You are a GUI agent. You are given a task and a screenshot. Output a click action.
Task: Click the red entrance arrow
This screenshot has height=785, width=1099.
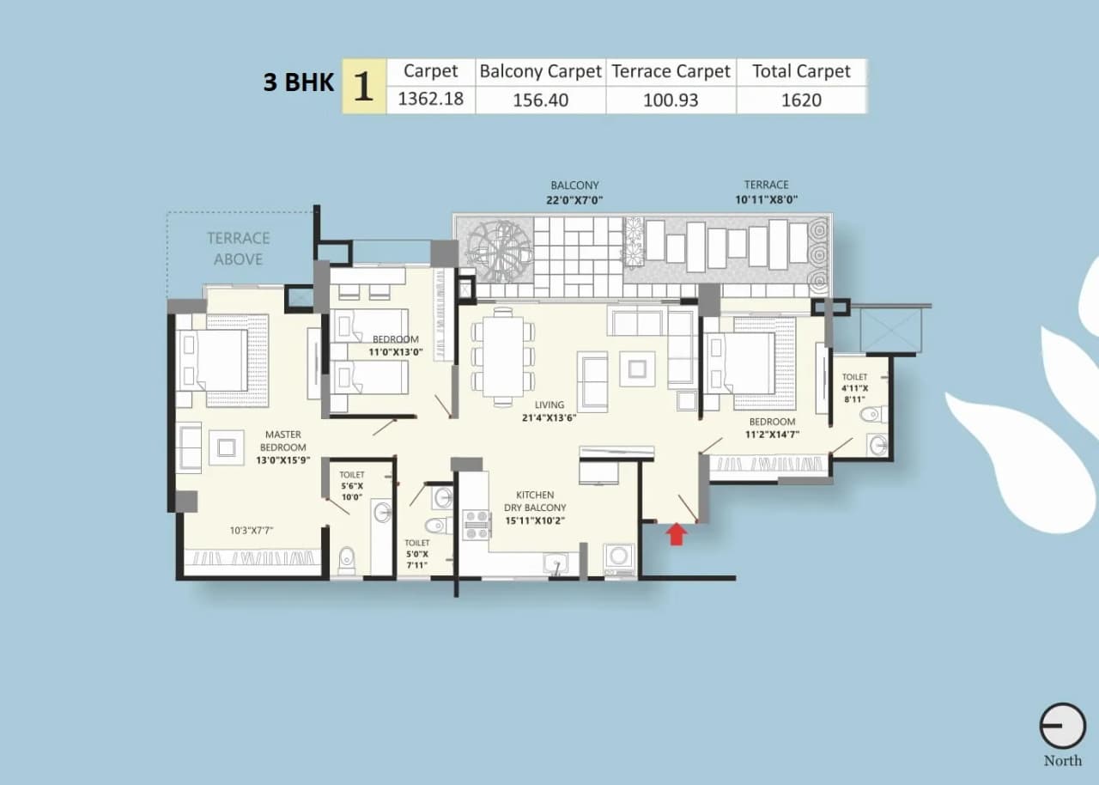click(x=677, y=534)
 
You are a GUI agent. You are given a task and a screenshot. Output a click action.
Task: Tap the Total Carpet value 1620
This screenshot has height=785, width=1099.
click(x=800, y=100)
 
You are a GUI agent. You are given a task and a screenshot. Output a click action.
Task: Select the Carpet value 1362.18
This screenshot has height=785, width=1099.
click(x=430, y=99)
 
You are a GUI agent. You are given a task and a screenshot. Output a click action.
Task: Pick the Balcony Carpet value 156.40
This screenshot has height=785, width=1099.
click(x=540, y=100)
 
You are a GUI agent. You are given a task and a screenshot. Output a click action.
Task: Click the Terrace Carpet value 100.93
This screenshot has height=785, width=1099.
click(x=671, y=100)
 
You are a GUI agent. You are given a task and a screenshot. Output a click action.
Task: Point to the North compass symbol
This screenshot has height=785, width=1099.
click(x=1062, y=727)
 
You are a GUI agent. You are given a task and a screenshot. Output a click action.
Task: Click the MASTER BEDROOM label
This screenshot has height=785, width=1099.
click(x=284, y=441)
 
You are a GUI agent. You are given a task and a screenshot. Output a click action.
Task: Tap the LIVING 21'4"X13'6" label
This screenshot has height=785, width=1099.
click(x=549, y=411)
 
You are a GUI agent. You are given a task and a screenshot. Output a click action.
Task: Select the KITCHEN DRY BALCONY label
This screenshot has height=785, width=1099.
click(x=535, y=507)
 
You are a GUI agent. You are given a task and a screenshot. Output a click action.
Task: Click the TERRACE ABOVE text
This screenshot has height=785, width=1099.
click(x=238, y=248)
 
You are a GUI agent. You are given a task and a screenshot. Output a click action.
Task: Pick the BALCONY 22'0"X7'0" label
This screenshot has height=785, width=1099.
click(x=574, y=192)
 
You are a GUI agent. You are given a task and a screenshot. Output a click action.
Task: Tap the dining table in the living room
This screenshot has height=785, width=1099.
click(x=503, y=356)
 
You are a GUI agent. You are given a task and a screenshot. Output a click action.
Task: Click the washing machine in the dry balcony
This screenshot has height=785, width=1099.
click(x=618, y=557)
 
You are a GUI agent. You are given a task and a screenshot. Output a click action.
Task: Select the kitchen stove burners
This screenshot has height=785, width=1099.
click(x=476, y=524)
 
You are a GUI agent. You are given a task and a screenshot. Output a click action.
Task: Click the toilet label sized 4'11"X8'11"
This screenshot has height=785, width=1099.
click(x=854, y=387)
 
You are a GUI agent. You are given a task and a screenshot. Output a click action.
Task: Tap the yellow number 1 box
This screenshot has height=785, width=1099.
click(x=364, y=86)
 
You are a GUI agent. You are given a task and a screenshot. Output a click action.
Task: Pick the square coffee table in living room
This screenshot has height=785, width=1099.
click(x=636, y=368)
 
